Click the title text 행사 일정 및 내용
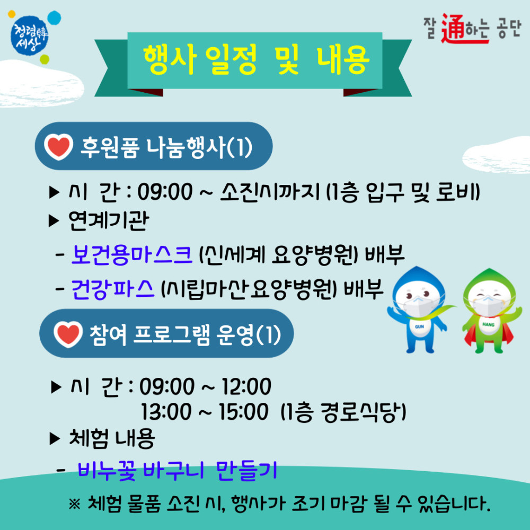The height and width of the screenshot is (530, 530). pos(255,60)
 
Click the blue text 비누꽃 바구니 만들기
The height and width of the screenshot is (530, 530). pos(178,470)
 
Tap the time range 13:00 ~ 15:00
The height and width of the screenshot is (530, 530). pos(205,411)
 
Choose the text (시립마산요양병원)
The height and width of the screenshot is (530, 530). pos(249,288)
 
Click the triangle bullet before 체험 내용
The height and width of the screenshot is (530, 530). pos(55,438)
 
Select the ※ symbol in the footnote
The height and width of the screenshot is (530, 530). pos(74,501)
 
